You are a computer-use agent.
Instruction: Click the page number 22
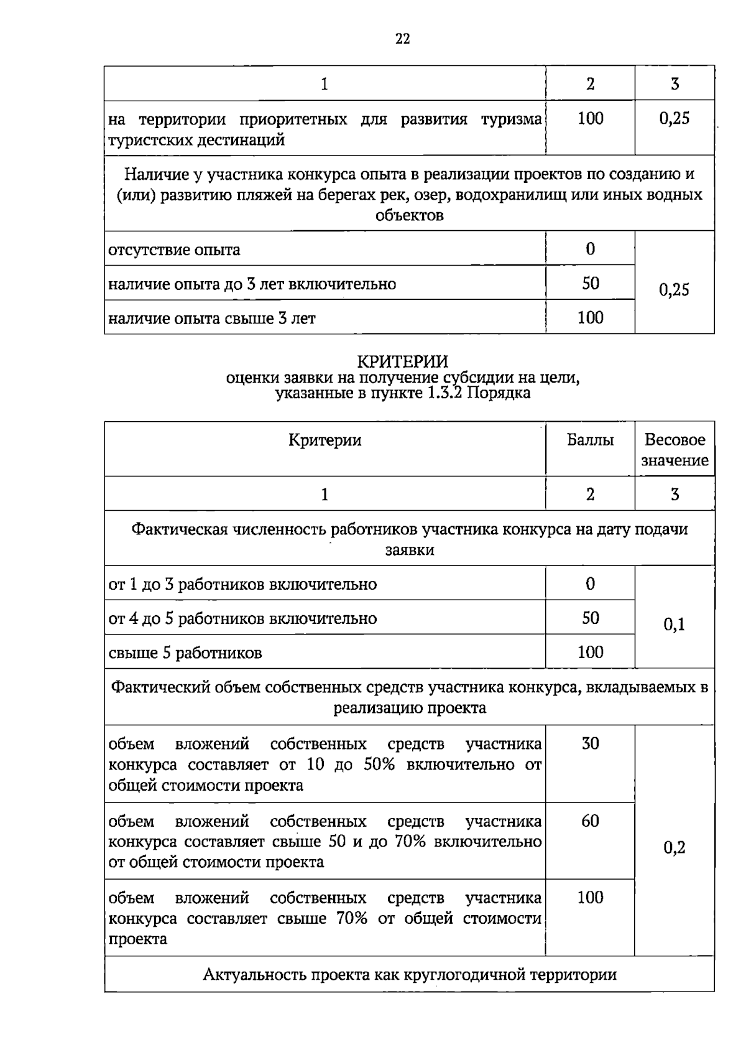tap(402, 39)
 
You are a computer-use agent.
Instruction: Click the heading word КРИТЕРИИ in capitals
tap(402, 361)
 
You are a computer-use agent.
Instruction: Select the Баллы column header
tap(590, 440)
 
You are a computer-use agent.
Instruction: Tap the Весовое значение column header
tap(675, 450)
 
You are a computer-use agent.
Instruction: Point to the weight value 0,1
tap(674, 625)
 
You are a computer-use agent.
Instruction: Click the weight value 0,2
tap(674, 847)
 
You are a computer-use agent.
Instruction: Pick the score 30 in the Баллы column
tap(590, 743)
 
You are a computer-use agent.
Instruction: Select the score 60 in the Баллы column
tap(590, 821)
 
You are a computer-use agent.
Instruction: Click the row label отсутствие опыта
tap(175, 250)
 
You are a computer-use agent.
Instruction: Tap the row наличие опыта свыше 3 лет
tap(212, 318)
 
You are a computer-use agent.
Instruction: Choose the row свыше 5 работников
tap(185, 653)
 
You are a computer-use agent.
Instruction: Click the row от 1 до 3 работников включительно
tap(242, 585)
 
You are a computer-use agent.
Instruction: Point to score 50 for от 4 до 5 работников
tap(590, 618)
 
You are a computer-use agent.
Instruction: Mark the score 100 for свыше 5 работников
tap(590, 652)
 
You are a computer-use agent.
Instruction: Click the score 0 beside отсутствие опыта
tap(590, 249)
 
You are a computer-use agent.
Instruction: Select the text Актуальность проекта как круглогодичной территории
tap(410, 974)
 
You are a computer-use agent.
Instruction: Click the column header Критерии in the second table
tap(325, 440)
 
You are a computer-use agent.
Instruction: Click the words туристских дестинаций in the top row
tap(196, 140)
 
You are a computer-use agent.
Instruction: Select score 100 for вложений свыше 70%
tap(590, 897)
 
